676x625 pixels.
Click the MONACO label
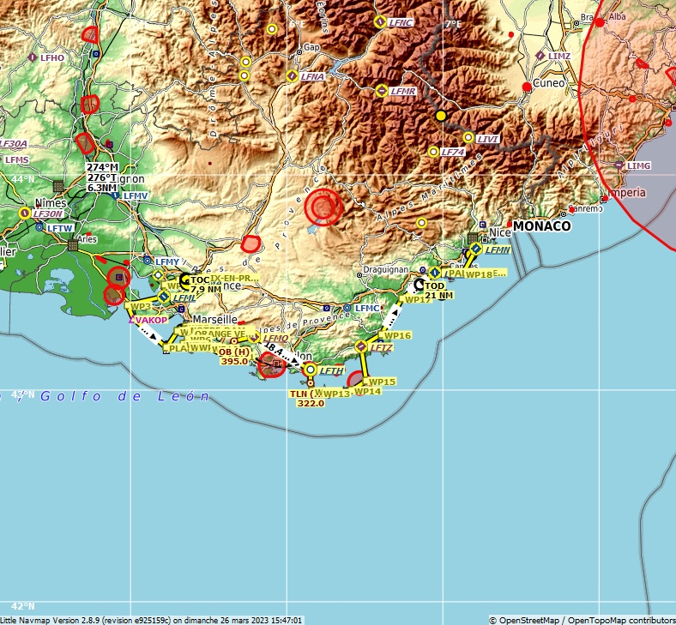click(541, 226)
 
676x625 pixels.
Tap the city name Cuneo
click(550, 83)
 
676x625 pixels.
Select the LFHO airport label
click(52, 57)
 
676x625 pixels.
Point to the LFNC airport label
click(401, 22)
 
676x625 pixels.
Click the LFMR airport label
click(402, 91)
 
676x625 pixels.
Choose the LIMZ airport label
click(559, 56)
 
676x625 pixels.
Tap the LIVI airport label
click(487, 138)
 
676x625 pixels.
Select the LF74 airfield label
click(452, 152)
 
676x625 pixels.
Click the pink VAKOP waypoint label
click(152, 320)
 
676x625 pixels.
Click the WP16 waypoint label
click(397, 335)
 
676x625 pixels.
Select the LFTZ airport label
click(381, 347)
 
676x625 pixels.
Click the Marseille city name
click(215, 319)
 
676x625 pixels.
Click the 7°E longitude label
click(452, 24)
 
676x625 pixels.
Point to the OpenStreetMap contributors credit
click(582, 620)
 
